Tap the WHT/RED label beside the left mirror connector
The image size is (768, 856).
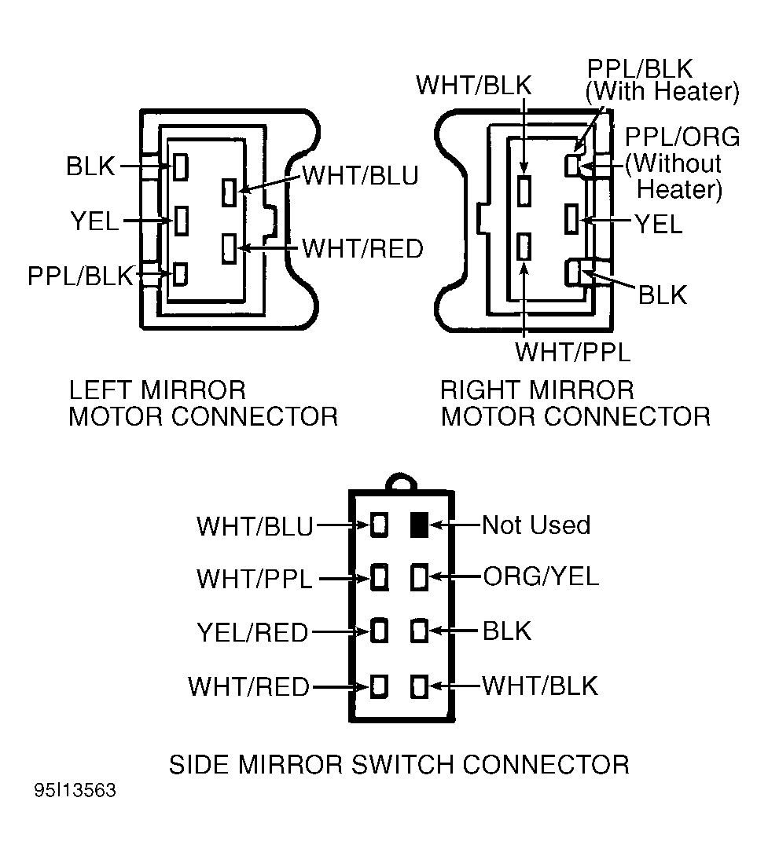click(362, 249)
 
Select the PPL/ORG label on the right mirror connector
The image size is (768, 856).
click(682, 137)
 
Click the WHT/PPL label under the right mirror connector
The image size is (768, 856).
click(572, 352)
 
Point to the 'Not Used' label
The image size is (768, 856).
click(535, 525)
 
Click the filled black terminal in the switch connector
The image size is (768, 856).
click(419, 525)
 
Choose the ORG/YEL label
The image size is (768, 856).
click(540, 576)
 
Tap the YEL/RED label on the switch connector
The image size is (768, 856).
click(252, 631)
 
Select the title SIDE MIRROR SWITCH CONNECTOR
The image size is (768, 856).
click(399, 763)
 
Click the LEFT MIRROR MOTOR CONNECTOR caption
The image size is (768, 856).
click(203, 402)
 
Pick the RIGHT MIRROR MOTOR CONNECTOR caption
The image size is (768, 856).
click(575, 402)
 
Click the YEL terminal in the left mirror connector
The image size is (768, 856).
click(181, 221)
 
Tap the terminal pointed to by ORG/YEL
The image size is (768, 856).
click(419, 577)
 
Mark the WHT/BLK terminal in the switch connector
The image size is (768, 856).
click(419, 686)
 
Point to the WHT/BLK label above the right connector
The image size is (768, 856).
click(473, 84)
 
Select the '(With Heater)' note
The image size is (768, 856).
click(662, 92)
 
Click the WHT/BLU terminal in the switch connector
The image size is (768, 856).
click(380, 525)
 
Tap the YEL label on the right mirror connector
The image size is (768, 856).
click(659, 225)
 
